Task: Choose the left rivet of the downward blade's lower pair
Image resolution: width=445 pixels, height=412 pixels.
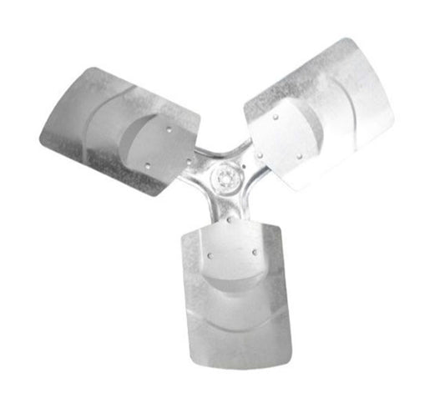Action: pos(210,256)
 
